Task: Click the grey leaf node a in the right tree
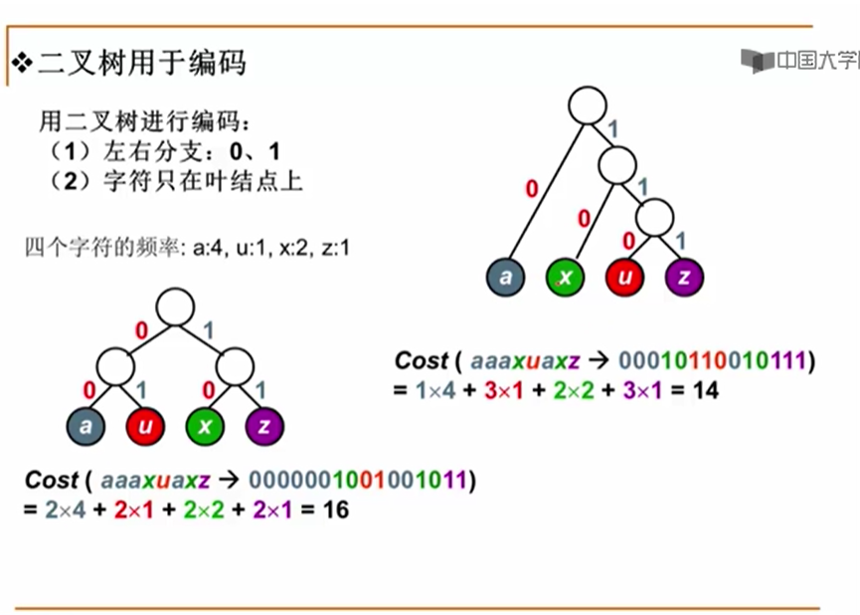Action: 506,277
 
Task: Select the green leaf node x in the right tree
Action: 566,277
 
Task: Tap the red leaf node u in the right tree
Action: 624,277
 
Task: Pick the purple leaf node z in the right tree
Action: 684,277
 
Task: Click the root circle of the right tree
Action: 588,104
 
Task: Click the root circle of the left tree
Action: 175,307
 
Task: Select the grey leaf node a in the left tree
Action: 86,426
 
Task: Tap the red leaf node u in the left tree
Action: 145,426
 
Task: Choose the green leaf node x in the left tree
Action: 205,426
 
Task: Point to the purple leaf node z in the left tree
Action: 264,426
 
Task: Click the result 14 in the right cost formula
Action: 705,391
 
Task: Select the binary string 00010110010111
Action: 712,360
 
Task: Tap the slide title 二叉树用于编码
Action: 141,63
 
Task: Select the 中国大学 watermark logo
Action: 800,61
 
